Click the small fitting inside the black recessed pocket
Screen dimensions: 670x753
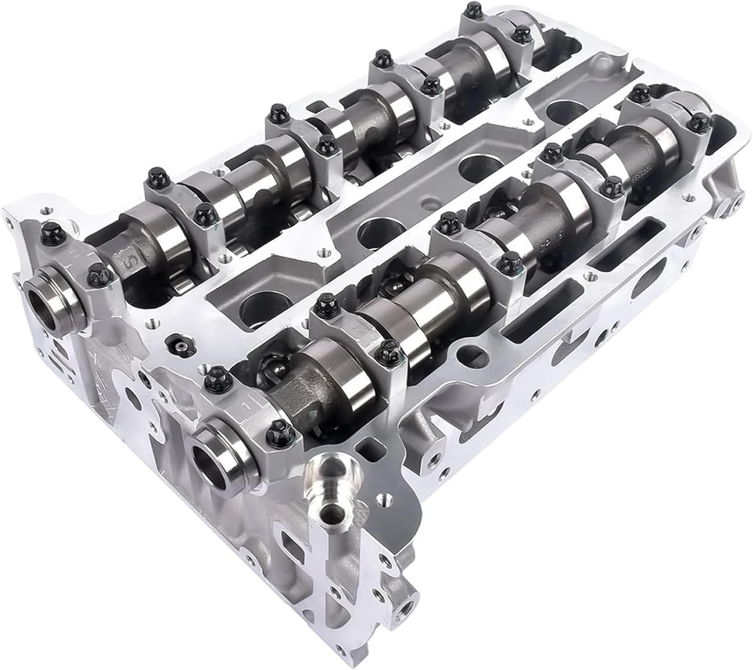coord(179,346)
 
